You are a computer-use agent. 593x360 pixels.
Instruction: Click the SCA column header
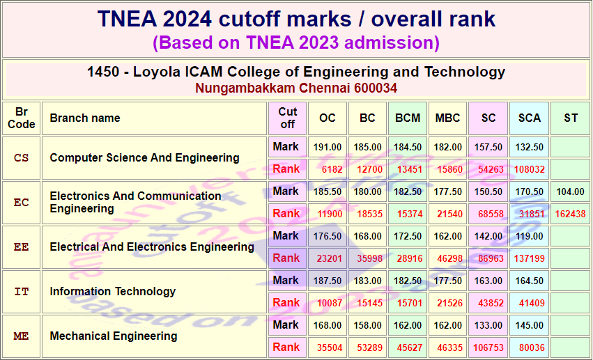click(529, 118)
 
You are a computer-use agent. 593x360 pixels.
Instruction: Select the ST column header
click(570, 118)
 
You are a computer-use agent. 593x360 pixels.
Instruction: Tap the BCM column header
click(408, 118)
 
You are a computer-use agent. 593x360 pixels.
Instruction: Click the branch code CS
click(21, 158)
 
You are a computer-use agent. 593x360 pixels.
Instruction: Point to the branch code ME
click(21, 336)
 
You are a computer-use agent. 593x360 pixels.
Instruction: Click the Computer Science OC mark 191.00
click(328, 148)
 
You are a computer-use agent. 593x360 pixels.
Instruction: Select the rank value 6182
click(332, 170)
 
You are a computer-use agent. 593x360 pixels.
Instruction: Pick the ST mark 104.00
click(570, 192)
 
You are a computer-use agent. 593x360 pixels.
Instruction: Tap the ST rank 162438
click(570, 214)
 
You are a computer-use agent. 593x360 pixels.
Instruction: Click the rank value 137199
click(529, 259)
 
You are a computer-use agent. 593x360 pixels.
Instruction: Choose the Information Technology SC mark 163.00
click(488, 281)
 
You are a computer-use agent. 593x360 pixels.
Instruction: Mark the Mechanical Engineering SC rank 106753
click(488, 348)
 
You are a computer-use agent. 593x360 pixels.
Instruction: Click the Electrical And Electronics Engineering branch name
click(152, 247)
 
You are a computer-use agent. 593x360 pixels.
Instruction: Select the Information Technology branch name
click(113, 292)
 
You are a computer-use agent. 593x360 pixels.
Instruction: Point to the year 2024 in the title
click(187, 19)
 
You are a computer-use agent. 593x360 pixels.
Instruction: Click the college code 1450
click(103, 72)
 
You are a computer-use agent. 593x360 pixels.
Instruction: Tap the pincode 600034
click(376, 88)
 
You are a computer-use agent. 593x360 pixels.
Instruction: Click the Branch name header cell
click(85, 118)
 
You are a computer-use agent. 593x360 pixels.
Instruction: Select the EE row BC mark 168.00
click(368, 237)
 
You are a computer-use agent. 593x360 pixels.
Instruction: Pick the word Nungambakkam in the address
click(245, 88)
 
